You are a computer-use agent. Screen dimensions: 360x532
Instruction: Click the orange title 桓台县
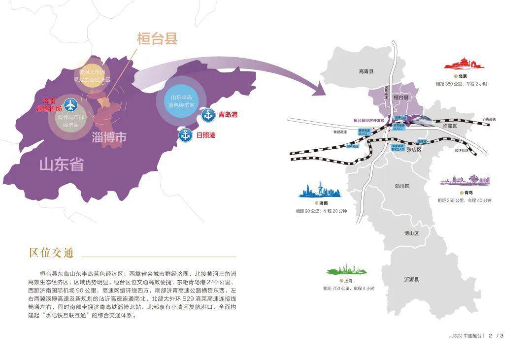(157, 39)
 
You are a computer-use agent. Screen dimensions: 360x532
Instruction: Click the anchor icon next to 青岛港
(207, 115)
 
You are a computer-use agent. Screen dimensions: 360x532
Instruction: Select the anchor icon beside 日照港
(186, 135)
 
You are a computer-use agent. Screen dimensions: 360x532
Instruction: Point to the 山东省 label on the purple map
(62, 164)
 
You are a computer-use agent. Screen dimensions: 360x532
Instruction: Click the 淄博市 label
(109, 137)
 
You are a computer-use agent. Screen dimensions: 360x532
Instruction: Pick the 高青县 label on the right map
(366, 72)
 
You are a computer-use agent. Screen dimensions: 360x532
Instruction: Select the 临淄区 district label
(450, 126)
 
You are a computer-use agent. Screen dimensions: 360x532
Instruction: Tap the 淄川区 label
(402, 186)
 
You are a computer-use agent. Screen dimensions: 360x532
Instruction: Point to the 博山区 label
(411, 233)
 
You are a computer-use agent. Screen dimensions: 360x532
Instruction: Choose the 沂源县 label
(411, 279)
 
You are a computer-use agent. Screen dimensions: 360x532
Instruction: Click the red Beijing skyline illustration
(462, 64)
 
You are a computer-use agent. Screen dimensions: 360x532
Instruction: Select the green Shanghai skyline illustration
(348, 270)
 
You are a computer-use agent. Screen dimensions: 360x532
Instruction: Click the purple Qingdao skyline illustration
(465, 180)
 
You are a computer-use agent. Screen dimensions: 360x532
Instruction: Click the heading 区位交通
(51, 253)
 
